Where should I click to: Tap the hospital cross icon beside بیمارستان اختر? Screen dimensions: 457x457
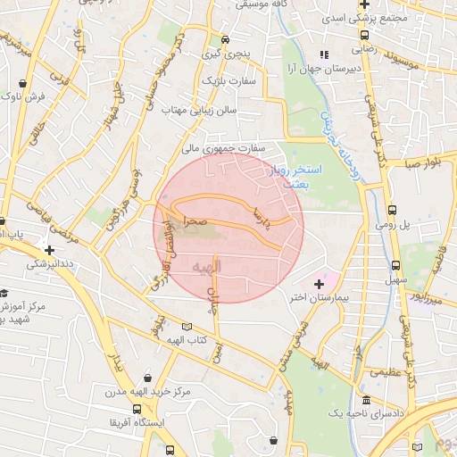[319, 284]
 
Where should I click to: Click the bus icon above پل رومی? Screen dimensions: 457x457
[393, 211]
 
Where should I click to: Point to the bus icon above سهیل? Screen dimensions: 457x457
[395, 265]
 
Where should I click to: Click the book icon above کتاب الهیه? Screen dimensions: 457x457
[186, 327]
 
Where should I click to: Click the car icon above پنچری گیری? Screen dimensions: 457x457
[225, 39]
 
